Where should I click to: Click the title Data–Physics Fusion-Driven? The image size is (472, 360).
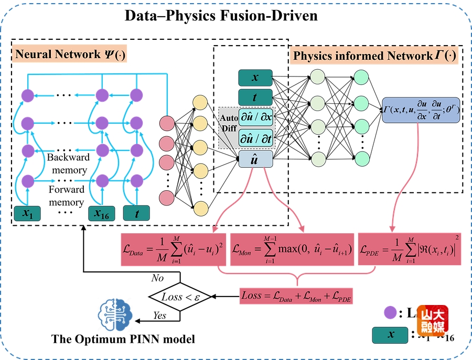pyautogui.click(x=221, y=15)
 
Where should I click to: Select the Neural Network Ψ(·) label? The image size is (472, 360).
pyautogui.click(x=71, y=54)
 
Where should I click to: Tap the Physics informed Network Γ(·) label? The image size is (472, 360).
pyautogui.click(x=374, y=55)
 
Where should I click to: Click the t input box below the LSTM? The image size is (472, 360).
pyautogui.click(x=136, y=213)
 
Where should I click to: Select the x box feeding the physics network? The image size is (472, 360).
pyautogui.click(x=255, y=78)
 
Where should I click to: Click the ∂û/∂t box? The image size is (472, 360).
pyautogui.click(x=256, y=138)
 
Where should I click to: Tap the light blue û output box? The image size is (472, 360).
pyautogui.click(x=255, y=160)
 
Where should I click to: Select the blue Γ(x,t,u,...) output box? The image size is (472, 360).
pyautogui.click(x=421, y=110)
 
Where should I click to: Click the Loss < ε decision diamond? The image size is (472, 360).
pyautogui.click(x=180, y=297)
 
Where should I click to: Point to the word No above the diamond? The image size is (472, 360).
pyautogui.click(x=157, y=278)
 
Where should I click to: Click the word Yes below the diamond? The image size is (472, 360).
pyautogui.click(x=159, y=316)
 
